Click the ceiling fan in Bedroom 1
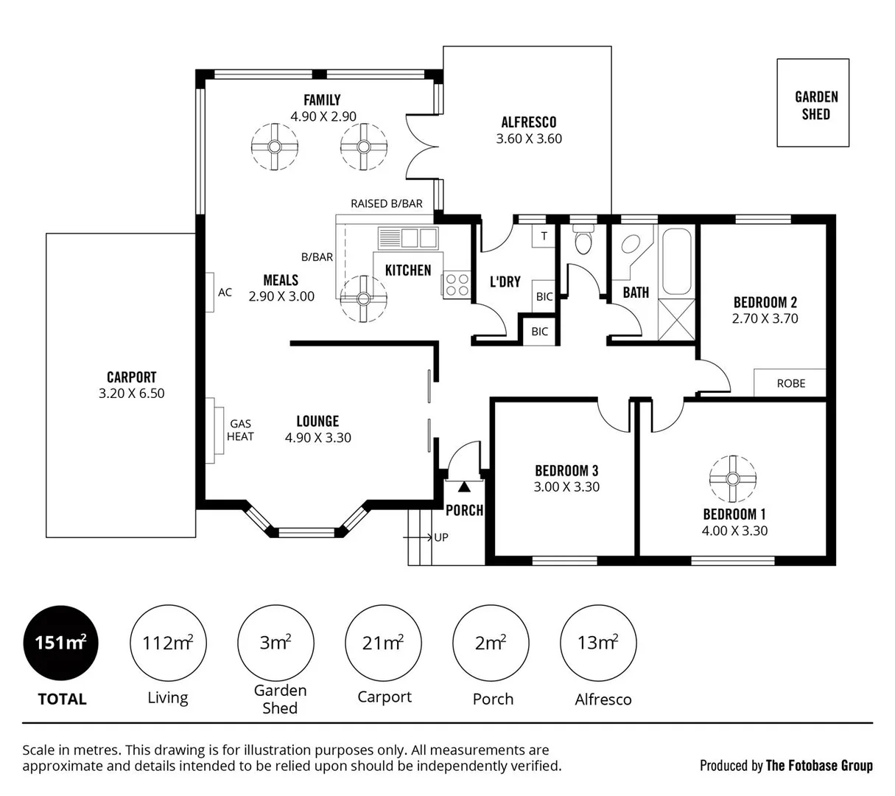point(732,479)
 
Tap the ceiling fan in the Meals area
point(364,298)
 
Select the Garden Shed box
point(813,103)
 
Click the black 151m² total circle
point(62,643)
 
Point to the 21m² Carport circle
point(383,643)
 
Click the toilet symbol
point(584,242)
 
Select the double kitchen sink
point(408,238)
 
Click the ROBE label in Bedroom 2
point(791,383)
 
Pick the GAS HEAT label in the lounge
point(240,430)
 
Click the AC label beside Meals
point(225,293)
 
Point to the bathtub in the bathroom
point(676,262)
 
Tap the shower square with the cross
point(676,319)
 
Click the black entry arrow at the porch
point(464,487)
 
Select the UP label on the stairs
point(441,537)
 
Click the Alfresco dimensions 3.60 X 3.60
point(529,139)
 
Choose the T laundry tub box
point(544,236)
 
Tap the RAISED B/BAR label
point(387,203)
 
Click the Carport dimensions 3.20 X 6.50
point(132,394)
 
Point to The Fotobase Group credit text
point(819,766)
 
